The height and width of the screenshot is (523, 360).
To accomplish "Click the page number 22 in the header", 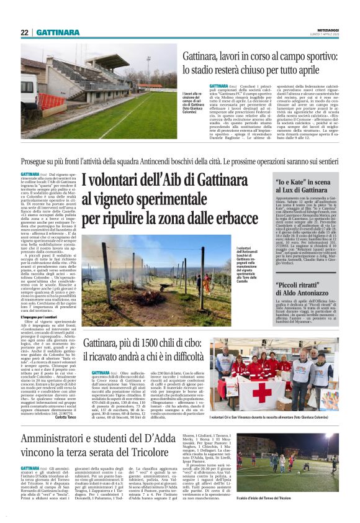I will point(25,32).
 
